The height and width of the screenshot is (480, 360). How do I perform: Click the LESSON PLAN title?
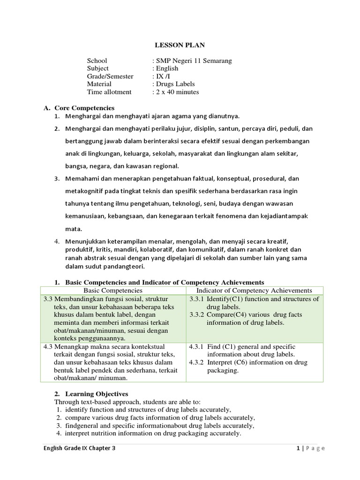(x=180, y=45)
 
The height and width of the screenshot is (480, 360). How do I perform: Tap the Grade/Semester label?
(x=110, y=76)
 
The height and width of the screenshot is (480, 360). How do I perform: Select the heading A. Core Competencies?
(x=79, y=108)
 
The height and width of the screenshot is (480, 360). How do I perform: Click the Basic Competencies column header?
(x=113, y=291)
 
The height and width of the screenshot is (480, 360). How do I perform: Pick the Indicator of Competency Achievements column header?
(x=254, y=291)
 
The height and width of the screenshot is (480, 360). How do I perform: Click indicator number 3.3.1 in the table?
(x=197, y=299)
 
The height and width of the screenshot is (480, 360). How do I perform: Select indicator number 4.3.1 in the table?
(x=197, y=347)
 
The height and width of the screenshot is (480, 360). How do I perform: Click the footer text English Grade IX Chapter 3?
(x=79, y=448)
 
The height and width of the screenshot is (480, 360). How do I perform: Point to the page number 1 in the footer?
(x=298, y=448)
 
